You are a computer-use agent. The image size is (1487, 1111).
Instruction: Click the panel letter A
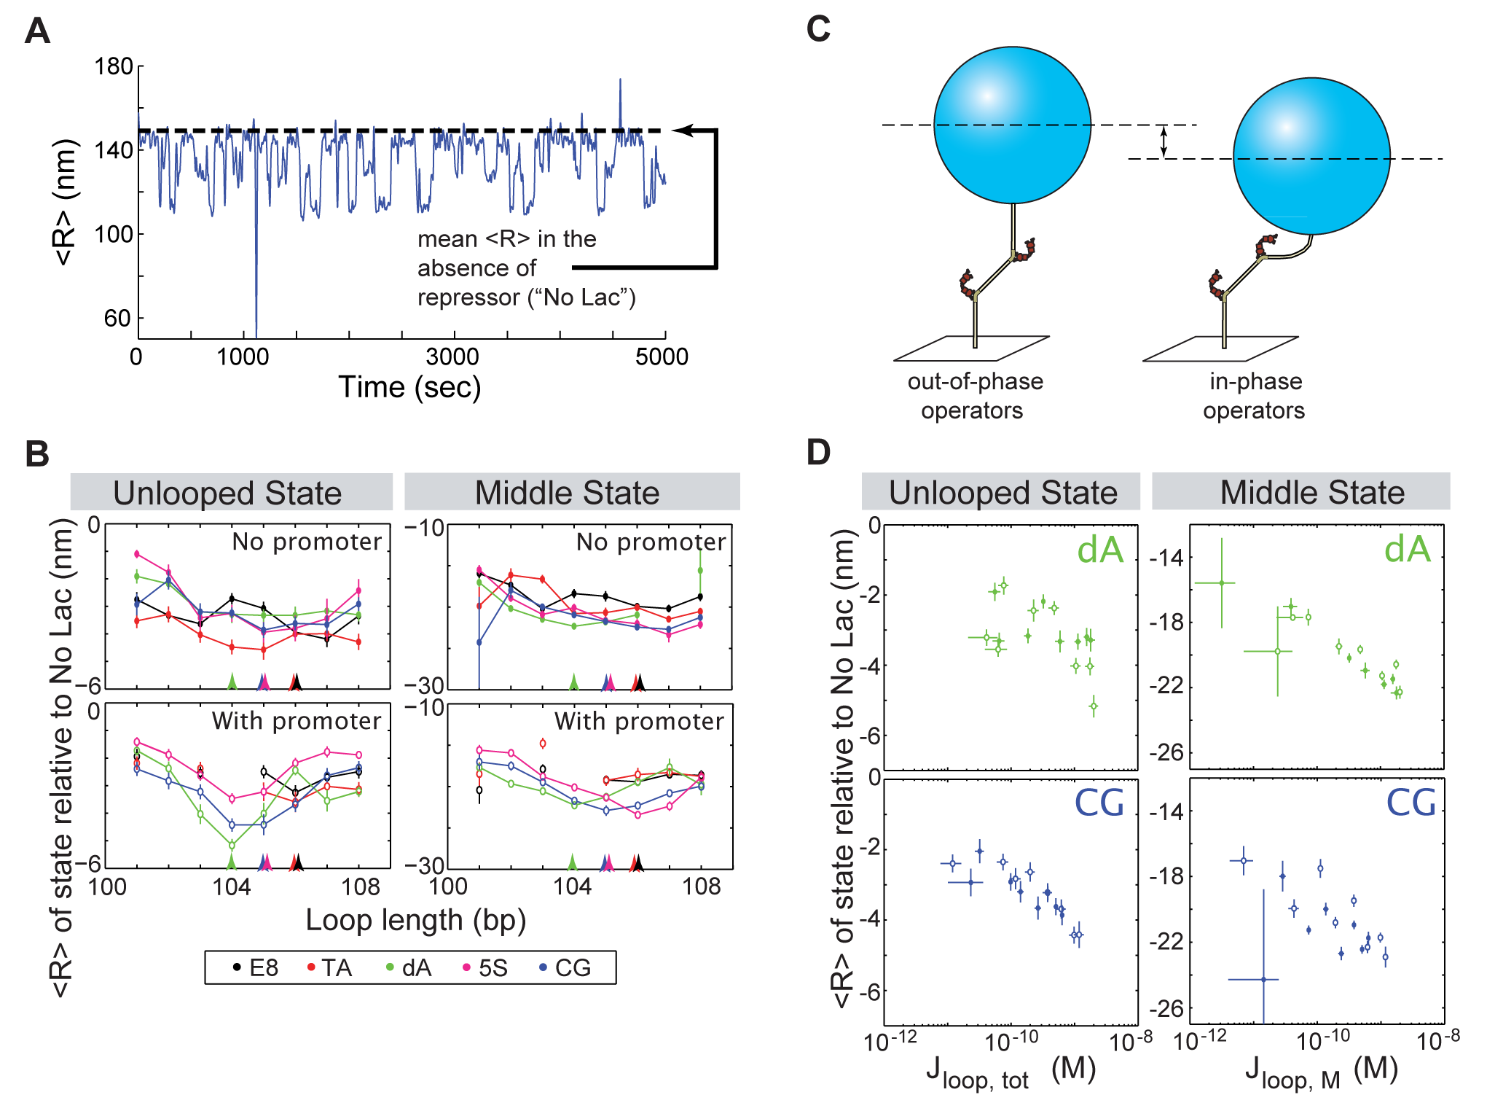37,31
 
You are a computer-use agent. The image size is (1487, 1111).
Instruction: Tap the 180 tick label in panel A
114,67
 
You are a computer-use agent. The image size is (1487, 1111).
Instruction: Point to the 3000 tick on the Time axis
452,356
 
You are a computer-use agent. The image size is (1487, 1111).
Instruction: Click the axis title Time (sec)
409,387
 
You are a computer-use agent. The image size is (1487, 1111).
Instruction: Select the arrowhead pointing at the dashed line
683,130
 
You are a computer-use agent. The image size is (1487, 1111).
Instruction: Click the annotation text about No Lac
525,268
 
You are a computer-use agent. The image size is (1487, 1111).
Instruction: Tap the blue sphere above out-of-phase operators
1012,125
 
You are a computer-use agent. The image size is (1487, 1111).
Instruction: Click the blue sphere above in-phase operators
1311,156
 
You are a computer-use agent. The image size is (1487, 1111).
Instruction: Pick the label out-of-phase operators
974,396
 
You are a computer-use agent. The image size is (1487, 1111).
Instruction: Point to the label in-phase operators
1255,396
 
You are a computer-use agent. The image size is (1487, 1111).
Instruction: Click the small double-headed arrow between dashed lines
1164,141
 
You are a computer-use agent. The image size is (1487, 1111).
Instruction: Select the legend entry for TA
329,967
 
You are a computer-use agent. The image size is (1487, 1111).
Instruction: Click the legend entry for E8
256,967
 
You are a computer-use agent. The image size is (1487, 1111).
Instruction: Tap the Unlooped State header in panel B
228,493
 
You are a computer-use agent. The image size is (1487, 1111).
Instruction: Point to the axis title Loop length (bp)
415,920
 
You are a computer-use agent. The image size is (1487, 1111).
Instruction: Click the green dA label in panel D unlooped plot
1100,550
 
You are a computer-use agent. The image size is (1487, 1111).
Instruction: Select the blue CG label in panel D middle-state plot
1411,803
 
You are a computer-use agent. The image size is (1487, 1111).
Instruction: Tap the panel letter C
818,30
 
